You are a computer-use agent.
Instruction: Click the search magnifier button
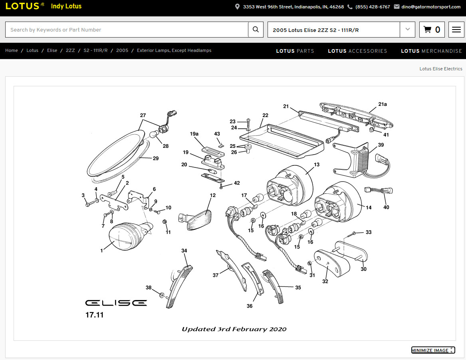(256, 30)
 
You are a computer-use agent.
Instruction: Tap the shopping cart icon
(427, 30)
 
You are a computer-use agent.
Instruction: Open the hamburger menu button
(456, 30)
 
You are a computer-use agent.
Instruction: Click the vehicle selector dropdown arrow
(407, 30)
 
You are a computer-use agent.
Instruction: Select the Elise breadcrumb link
(52, 51)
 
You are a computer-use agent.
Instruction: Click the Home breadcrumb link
(12, 51)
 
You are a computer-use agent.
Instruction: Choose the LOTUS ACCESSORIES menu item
(357, 51)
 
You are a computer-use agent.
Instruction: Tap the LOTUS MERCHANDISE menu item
(431, 51)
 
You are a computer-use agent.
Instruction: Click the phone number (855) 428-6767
(373, 7)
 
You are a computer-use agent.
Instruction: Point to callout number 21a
(383, 104)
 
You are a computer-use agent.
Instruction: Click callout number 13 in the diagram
(317, 165)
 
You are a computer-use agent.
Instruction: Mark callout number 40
(386, 207)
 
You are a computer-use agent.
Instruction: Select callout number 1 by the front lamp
(102, 251)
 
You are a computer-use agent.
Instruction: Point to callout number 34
(184, 251)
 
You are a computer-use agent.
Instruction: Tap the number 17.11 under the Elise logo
(94, 315)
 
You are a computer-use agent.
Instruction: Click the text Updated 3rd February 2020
(234, 329)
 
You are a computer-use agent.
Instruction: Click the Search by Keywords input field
(127, 30)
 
